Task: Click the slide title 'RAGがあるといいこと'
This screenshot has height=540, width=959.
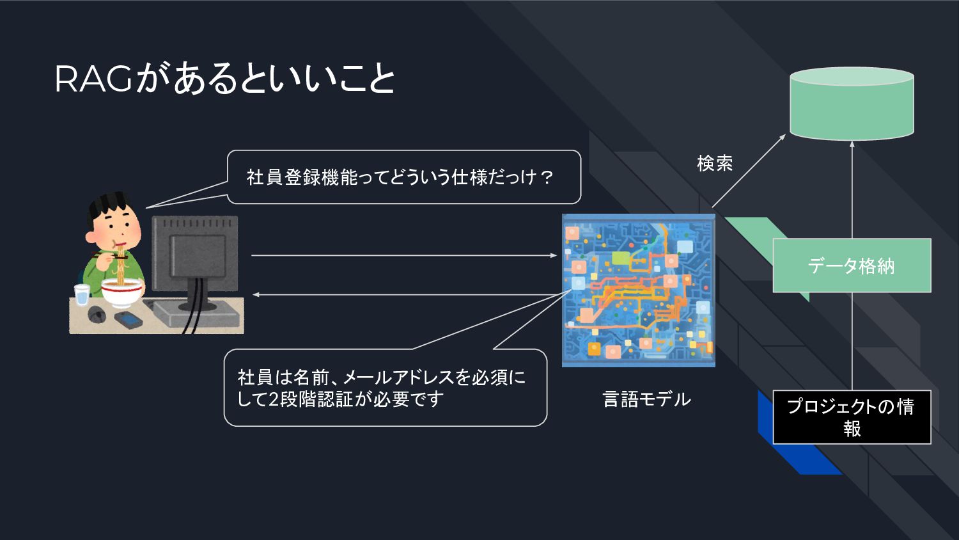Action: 224,79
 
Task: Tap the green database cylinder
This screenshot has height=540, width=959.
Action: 852,104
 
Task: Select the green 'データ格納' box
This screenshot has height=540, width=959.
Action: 852,266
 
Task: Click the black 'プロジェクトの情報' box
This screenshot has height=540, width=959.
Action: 852,417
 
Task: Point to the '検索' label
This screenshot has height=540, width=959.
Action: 714,164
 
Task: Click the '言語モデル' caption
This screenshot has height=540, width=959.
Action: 646,399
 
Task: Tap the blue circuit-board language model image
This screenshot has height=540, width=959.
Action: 638,290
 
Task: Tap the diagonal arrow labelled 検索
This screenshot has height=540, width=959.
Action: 749,171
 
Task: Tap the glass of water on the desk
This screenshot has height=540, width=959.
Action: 82,295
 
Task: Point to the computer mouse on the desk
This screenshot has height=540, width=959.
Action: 97,314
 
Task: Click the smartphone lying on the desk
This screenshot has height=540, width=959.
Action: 128,318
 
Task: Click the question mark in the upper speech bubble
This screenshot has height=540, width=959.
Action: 547,177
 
